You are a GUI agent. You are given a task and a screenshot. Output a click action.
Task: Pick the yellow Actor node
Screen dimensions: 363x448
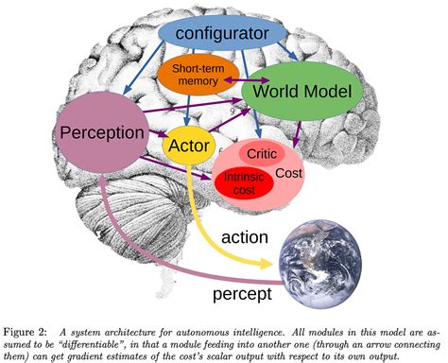pyautogui.click(x=186, y=145)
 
